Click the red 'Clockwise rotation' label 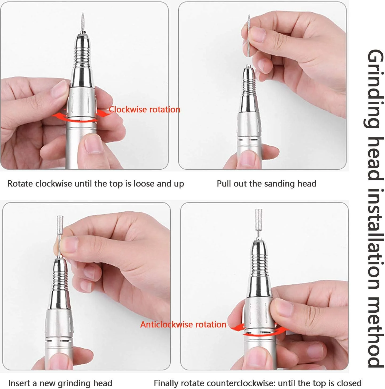tap(144, 109)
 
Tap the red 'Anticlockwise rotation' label tap(183, 324)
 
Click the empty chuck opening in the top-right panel tap(248, 66)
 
